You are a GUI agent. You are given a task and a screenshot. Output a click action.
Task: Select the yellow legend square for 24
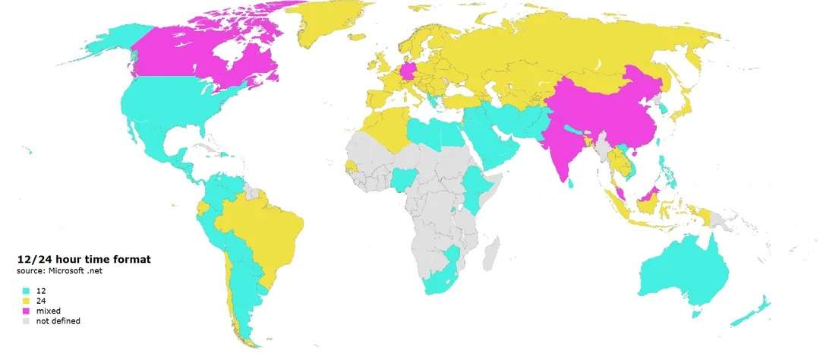click(x=25, y=301)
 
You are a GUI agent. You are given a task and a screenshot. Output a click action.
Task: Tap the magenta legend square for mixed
click(x=25, y=311)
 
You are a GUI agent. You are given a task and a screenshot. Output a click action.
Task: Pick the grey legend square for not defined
click(x=25, y=321)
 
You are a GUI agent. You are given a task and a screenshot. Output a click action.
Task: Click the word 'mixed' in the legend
click(x=46, y=311)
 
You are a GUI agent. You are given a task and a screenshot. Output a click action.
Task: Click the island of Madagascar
click(x=490, y=251)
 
